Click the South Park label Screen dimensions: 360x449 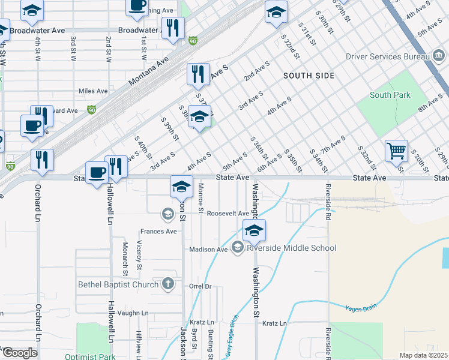tap(390, 95)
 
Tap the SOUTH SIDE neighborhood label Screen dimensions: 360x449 tap(309, 75)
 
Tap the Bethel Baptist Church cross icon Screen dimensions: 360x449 tap(169, 284)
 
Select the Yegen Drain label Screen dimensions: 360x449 tap(361, 308)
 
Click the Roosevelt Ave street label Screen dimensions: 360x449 tap(228, 213)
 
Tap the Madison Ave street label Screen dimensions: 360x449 tap(208, 249)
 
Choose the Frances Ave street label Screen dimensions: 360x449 tap(158, 231)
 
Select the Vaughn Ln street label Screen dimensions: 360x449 tap(133, 313)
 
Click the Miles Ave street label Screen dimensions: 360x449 tap(92, 91)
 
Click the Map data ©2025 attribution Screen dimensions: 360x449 tap(424, 355)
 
